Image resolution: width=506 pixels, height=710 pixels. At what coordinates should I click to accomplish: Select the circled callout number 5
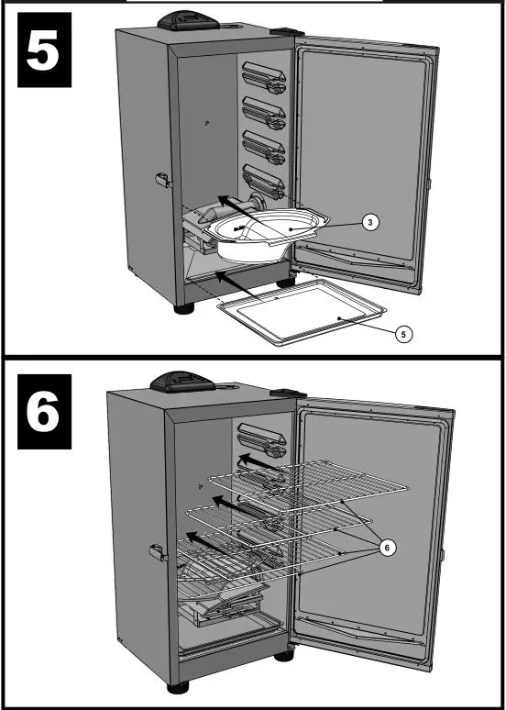click(x=402, y=334)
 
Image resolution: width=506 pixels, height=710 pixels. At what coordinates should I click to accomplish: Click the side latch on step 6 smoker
click(x=157, y=552)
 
